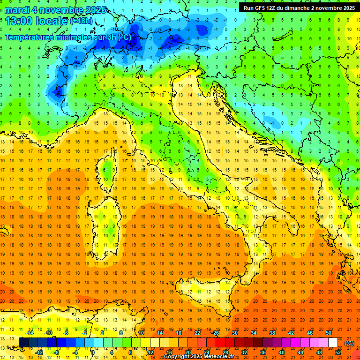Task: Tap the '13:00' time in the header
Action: [20, 21]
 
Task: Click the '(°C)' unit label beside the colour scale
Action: [349, 343]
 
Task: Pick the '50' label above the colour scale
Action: [328, 333]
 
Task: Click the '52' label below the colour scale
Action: [337, 352]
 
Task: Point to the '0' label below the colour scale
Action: [93, 352]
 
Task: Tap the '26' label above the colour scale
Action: [216, 333]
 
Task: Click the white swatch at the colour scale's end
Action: [333, 342]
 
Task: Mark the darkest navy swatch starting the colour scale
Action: [23, 342]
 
